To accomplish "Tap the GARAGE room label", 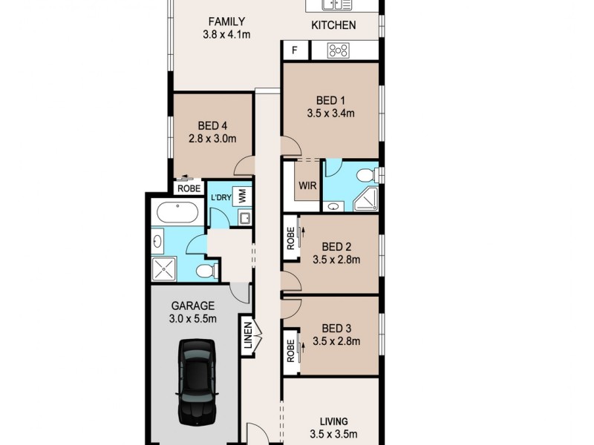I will pyautogui.click(x=193, y=305).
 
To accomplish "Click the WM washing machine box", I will pyautogui.click(x=241, y=196).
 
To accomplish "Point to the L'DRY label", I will pyautogui.click(x=221, y=197).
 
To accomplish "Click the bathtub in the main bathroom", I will pyautogui.click(x=177, y=214).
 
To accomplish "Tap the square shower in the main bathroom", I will pyautogui.click(x=165, y=268).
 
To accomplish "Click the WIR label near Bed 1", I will pyautogui.click(x=307, y=185).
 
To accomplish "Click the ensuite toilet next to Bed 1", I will pyautogui.click(x=366, y=174).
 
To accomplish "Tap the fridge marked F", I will pyautogui.click(x=295, y=50).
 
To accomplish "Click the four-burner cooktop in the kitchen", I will pyautogui.click(x=339, y=50).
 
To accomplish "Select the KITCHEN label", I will pyautogui.click(x=333, y=25).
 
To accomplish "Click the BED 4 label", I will pyautogui.click(x=212, y=125).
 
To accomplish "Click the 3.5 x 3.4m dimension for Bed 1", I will pyautogui.click(x=330, y=113).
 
